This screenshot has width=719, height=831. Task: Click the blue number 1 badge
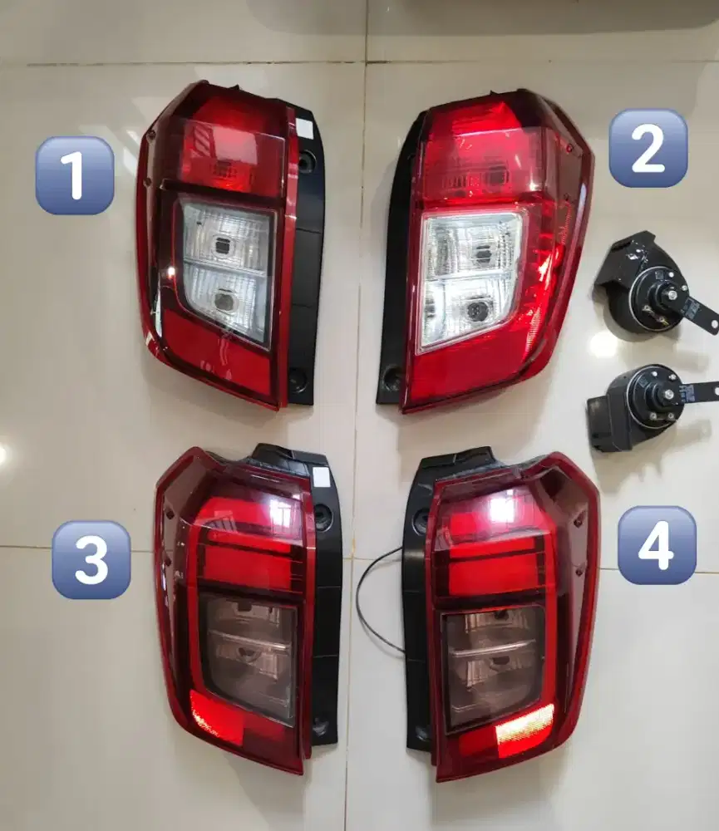click(75, 175)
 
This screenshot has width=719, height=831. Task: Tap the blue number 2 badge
click(648, 148)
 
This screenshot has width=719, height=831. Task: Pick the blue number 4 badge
click(657, 545)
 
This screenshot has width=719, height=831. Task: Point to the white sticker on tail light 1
click(305, 130)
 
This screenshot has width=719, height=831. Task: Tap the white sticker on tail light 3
click(321, 477)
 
